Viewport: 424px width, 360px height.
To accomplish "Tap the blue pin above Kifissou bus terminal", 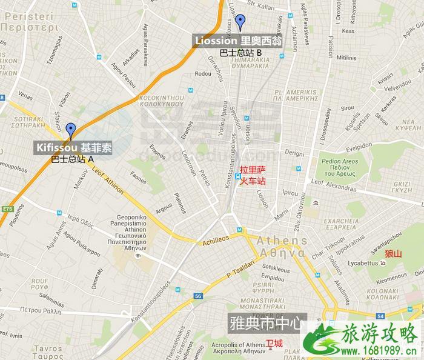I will pos(71,130).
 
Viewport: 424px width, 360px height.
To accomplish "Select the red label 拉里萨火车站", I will pos(253,176).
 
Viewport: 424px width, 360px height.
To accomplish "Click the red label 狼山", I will pos(393,253).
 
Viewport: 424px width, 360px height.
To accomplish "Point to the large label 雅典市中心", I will pos(265,323).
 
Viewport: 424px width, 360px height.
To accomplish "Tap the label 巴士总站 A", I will pos(72,159).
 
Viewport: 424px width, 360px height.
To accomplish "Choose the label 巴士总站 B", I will pos(241,53).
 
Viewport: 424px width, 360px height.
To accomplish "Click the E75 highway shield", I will pos(7,209).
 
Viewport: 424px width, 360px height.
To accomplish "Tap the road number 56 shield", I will pos(198,296).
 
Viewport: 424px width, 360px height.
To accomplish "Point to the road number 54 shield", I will pos(380,316).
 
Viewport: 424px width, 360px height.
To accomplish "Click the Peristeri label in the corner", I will pos(28,22).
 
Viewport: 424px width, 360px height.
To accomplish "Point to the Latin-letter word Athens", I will pos(282,241).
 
